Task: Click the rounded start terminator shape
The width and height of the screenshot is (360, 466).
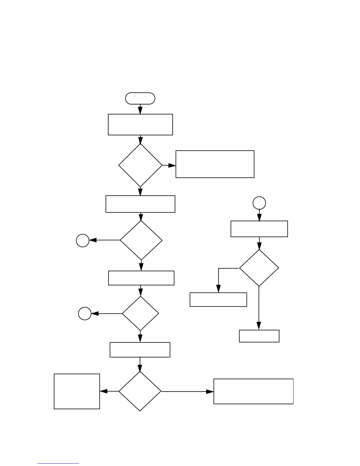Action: pyautogui.click(x=140, y=98)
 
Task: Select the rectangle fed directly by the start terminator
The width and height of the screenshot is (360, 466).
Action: pyautogui.click(x=140, y=124)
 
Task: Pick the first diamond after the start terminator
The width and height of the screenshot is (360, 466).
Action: pyautogui.click(x=140, y=165)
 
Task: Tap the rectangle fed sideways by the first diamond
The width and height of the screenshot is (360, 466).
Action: pyautogui.click(x=215, y=164)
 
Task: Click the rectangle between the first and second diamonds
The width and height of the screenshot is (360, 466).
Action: pyautogui.click(x=140, y=204)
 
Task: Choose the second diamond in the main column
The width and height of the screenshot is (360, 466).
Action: pyautogui.click(x=141, y=240)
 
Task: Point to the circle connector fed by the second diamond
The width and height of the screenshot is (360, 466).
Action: pyautogui.click(x=83, y=240)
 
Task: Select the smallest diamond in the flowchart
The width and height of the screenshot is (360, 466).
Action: pyautogui.click(x=140, y=314)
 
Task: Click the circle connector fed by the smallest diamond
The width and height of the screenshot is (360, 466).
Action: pyautogui.click(x=85, y=314)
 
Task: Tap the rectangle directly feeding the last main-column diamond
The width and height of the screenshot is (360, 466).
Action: pyautogui.click(x=140, y=350)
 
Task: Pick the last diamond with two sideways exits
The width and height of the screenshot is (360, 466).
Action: pyautogui.click(x=140, y=391)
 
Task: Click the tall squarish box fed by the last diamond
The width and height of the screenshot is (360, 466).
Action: pyautogui.click(x=77, y=391)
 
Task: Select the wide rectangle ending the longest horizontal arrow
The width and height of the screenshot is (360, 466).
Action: pyautogui.click(x=254, y=391)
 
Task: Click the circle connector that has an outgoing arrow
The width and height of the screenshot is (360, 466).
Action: pyautogui.click(x=259, y=203)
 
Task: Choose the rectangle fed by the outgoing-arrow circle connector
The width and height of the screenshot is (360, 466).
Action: pyautogui.click(x=259, y=229)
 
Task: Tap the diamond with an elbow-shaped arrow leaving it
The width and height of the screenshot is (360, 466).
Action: pyautogui.click(x=259, y=268)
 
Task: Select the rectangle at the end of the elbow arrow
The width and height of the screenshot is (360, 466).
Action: pyautogui.click(x=218, y=299)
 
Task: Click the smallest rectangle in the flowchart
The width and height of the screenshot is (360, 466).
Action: pyautogui.click(x=259, y=336)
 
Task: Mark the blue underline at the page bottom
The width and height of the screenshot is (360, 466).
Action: pyautogui.click(x=58, y=463)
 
